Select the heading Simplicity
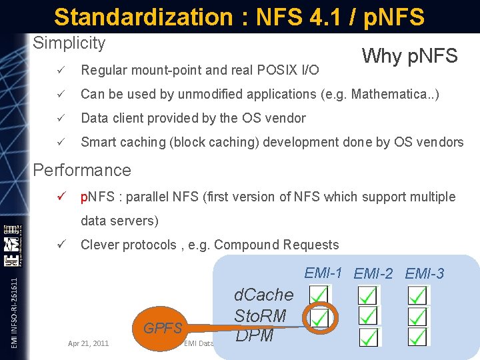click(x=69, y=43)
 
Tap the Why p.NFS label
click(x=409, y=56)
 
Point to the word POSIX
click(x=275, y=69)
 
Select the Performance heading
click(x=82, y=170)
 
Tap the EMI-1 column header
click(x=323, y=272)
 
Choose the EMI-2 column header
click(x=373, y=273)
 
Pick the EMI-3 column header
click(x=425, y=273)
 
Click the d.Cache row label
click(x=263, y=295)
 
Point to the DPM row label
click(x=254, y=335)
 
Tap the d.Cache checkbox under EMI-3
click(x=418, y=295)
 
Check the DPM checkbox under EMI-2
click(x=368, y=337)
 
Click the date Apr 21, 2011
click(x=89, y=343)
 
